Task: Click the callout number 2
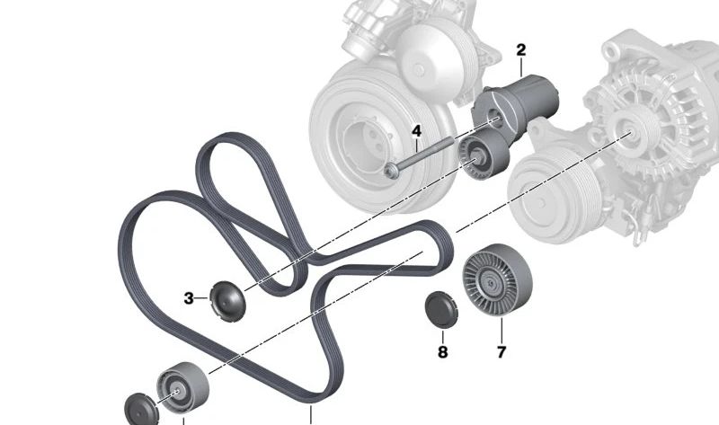tap(520, 49)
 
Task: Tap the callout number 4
tap(416, 132)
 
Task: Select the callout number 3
tap(190, 297)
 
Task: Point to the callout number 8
tap(442, 352)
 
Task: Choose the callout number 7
tap(502, 352)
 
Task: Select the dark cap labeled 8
tap(441, 308)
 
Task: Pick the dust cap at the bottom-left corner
tap(139, 409)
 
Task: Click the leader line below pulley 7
tap(502, 332)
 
